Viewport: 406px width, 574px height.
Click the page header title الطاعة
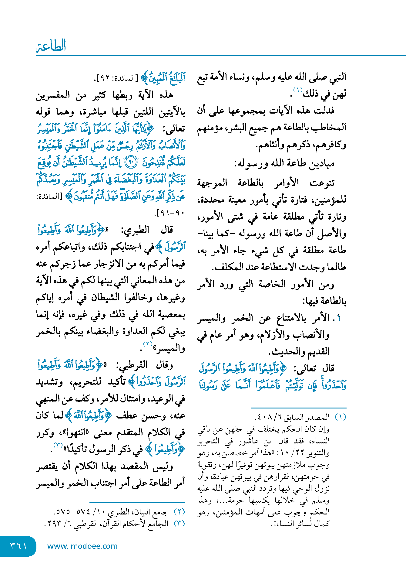tap(51, 46)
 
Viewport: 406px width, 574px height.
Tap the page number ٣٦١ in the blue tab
tap(18, 546)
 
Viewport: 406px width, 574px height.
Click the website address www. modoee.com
tap(82, 546)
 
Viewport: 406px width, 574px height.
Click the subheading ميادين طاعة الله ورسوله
tap(284, 164)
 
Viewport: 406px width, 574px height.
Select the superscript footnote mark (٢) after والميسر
tap(148, 344)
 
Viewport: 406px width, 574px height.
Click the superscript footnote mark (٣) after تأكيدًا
tap(58, 445)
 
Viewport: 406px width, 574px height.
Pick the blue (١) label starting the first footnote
tap(340, 417)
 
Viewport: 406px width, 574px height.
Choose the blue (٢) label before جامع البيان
tap(179, 512)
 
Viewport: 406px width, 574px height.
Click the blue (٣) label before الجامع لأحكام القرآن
tap(179, 524)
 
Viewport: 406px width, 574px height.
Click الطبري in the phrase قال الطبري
tap(138, 230)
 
